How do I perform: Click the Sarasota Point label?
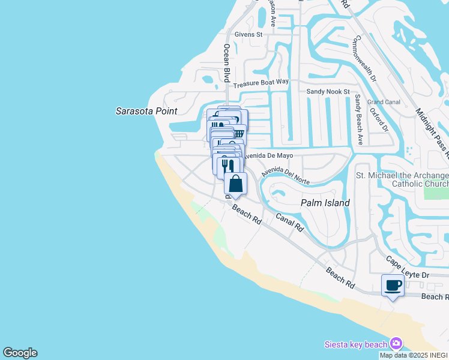pyautogui.click(x=146, y=111)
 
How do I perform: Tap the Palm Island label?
pyautogui.click(x=325, y=203)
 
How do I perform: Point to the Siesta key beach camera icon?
pyautogui.click(x=396, y=344)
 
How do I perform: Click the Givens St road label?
pyautogui.click(x=249, y=35)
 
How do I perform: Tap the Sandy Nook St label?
pyautogui.click(x=328, y=91)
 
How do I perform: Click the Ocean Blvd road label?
pyautogui.click(x=227, y=62)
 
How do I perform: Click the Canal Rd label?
pyautogui.click(x=289, y=223)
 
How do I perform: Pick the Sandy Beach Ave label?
pyautogui.click(x=358, y=119)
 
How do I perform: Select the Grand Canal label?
pyautogui.click(x=384, y=102)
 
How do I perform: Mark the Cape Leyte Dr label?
pyautogui.click(x=408, y=268)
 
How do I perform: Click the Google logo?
pyautogui.click(x=20, y=353)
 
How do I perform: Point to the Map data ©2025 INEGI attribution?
pyautogui.click(x=414, y=355)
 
